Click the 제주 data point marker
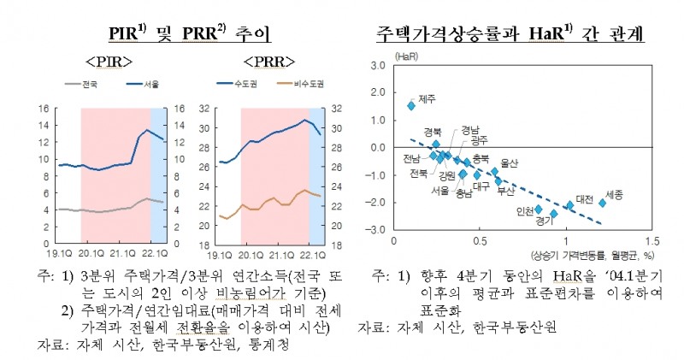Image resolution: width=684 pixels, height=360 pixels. [x=411, y=106]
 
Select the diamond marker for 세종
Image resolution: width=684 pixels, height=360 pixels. [x=602, y=203]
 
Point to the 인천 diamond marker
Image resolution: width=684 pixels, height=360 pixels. [x=539, y=209]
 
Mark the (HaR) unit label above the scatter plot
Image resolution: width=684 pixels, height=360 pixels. [x=404, y=56]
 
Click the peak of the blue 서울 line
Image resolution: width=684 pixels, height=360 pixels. [x=147, y=130]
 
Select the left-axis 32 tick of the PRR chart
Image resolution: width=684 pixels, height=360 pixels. [x=203, y=109]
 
